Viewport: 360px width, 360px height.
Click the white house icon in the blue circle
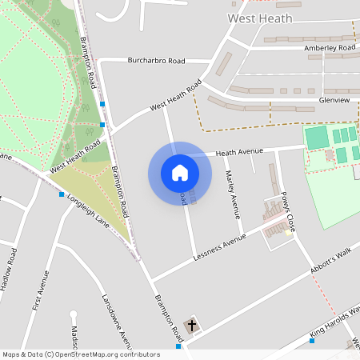[179, 173]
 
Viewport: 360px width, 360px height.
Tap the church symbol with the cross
[191, 326]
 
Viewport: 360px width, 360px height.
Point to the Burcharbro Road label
[157, 60]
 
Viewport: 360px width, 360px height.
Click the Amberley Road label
[330, 48]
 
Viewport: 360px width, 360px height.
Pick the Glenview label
[334, 100]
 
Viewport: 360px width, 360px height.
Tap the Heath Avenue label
[239, 151]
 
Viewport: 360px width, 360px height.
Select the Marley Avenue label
[233, 194]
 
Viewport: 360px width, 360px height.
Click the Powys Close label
[288, 211]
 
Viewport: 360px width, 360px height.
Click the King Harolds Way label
[336, 319]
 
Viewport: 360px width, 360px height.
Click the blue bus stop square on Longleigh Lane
[62, 194]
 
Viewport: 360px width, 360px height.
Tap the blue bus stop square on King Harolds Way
[312, 341]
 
